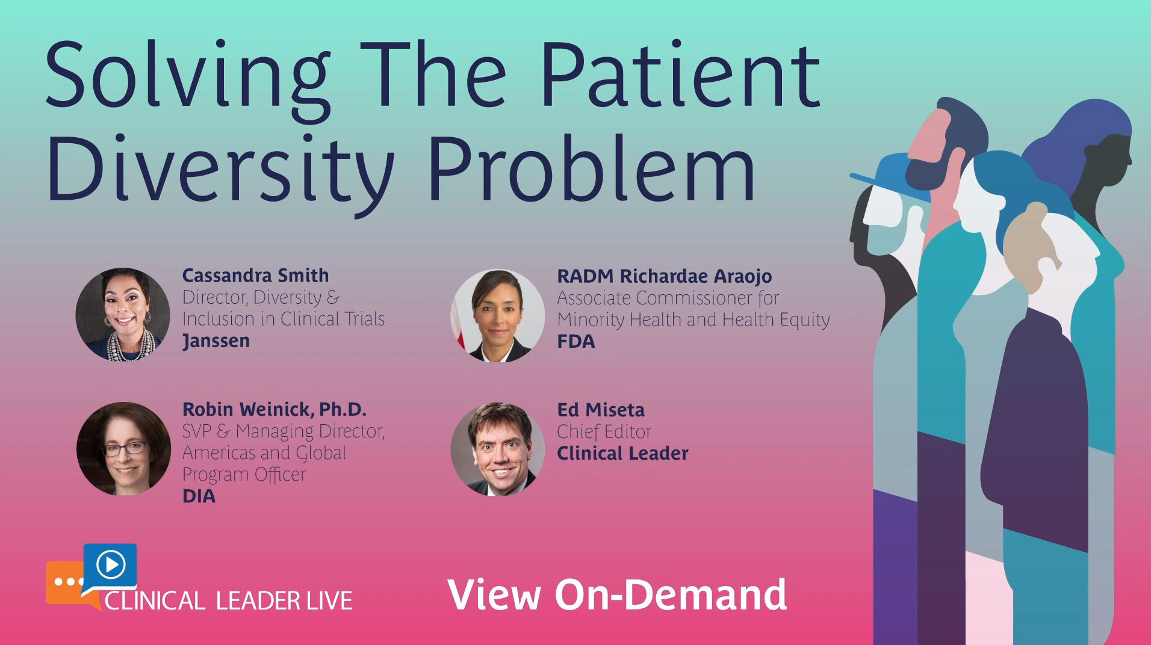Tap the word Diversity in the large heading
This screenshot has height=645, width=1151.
click(x=220, y=168)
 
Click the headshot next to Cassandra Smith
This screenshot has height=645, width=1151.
click(x=123, y=315)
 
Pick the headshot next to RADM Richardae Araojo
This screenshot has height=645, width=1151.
click(x=498, y=315)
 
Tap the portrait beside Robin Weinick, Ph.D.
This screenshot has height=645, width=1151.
click(x=123, y=449)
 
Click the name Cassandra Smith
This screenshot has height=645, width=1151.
click(x=255, y=276)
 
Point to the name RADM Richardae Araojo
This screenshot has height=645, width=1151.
click(x=664, y=276)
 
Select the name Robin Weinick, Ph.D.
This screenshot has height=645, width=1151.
click(x=274, y=410)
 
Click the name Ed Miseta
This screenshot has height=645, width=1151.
click(x=600, y=410)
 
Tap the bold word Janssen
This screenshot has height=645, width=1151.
click(x=216, y=341)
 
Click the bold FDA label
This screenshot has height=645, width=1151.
click(x=575, y=342)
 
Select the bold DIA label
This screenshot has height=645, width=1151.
click(x=199, y=496)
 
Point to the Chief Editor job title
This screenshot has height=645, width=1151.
click(x=604, y=432)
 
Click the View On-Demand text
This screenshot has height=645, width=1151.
click(x=617, y=594)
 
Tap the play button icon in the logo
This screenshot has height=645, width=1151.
click(x=111, y=565)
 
